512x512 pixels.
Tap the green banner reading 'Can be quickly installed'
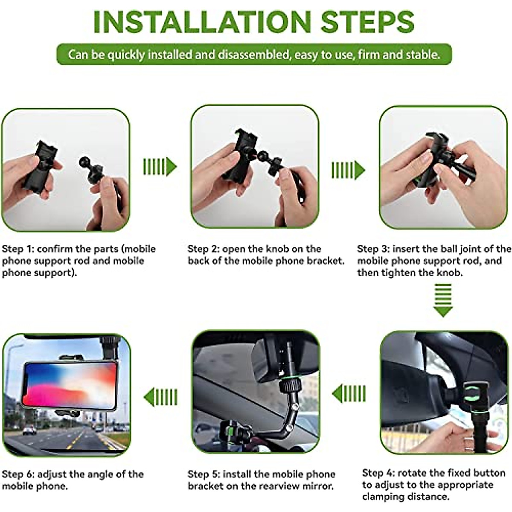point(254,55)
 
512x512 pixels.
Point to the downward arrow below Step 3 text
point(442,301)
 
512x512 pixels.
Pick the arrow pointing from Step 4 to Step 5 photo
point(349,393)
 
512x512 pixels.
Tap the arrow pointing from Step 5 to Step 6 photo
point(160,397)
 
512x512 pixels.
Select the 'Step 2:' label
point(204,249)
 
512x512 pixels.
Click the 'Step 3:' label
point(373,249)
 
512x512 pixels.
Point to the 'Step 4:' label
point(378,473)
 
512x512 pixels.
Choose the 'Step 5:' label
point(204,474)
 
